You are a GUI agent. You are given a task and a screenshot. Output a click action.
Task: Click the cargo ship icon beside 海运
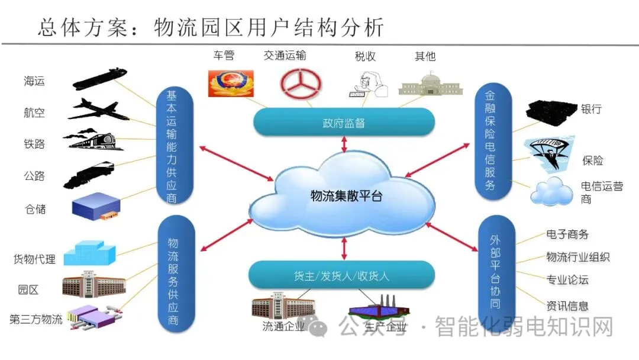click(x=99, y=79)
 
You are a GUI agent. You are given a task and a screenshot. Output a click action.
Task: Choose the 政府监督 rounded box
click(x=344, y=123)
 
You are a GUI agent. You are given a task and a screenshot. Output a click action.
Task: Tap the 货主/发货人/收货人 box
click(x=341, y=275)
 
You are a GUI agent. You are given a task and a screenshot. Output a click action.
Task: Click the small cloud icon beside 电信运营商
click(x=551, y=191)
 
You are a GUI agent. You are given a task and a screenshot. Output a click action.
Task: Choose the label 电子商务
click(x=567, y=234)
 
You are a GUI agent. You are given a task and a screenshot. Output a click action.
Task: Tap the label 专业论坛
click(x=567, y=279)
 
